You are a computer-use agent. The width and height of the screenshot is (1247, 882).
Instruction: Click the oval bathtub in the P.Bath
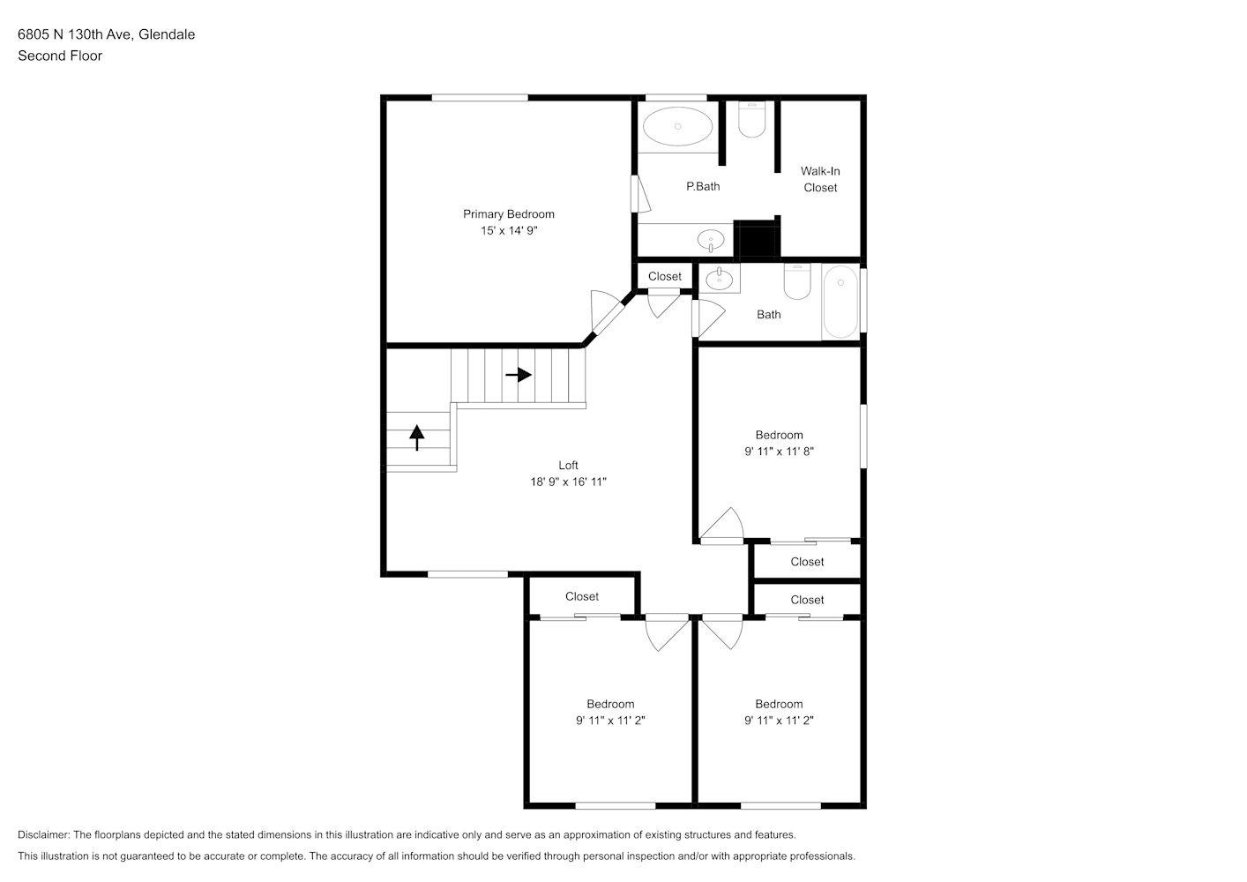coord(677,126)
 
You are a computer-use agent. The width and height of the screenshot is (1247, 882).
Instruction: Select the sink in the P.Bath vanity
coord(710,241)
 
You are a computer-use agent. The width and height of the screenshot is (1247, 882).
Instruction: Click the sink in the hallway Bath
coord(720,279)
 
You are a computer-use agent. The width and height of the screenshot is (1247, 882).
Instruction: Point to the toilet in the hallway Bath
coord(797,281)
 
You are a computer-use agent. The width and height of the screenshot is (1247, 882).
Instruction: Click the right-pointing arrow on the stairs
coord(519,375)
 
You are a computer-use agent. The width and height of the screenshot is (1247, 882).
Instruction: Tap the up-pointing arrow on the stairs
coord(417,437)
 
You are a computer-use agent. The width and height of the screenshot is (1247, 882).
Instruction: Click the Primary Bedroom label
coord(509,213)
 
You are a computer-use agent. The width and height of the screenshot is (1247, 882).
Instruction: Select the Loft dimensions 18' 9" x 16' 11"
coord(569,482)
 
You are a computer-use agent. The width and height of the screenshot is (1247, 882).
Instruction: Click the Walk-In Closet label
coord(820,179)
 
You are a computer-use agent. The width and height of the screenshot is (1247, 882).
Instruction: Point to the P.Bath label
coord(703,186)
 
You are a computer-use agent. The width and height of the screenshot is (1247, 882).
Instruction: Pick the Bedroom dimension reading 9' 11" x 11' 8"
coord(780,451)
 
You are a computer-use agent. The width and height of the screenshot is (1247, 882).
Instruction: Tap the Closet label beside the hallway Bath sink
coord(665,276)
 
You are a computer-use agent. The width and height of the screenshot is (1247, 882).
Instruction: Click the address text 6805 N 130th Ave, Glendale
coord(107,34)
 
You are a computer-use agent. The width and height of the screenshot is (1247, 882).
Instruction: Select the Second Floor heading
coord(60,56)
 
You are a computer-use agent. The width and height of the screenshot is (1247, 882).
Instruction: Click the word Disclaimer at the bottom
coord(44,834)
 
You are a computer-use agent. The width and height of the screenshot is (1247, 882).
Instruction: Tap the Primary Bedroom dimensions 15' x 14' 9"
coord(509,230)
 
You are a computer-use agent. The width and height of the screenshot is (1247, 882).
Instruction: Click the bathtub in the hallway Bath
coord(840,302)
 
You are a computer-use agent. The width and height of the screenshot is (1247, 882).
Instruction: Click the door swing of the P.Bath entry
coord(644,194)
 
